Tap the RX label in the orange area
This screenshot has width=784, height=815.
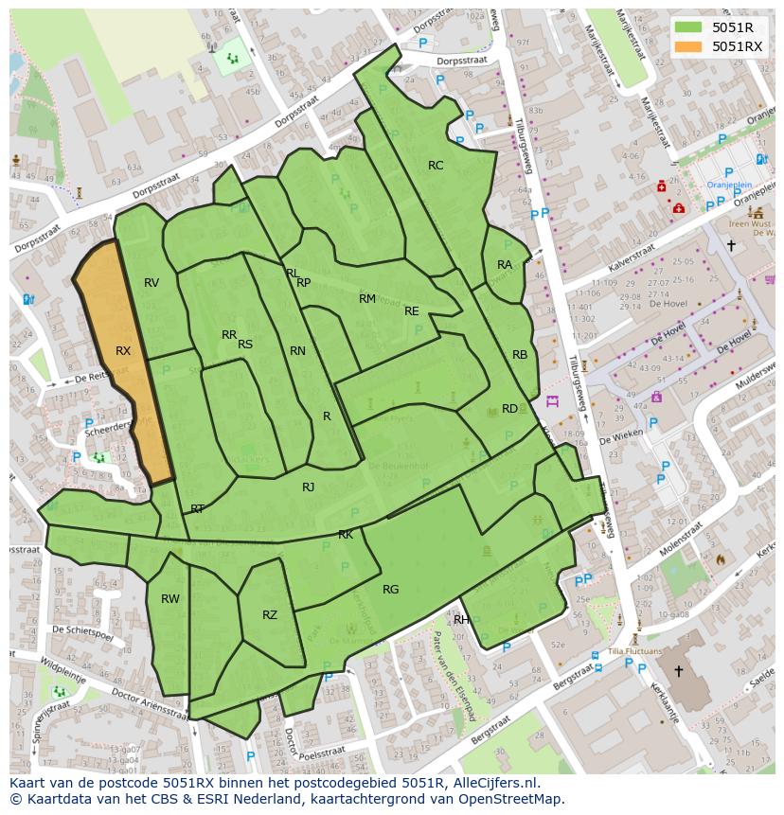(123, 351)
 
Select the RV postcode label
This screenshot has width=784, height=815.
(151, 283)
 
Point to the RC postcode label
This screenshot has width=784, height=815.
(436, 166)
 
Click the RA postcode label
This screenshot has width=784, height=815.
(505, 265)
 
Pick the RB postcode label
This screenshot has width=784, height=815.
(520, 355)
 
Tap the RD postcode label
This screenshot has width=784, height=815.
(510, 409)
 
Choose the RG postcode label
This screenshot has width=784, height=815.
(391, 590)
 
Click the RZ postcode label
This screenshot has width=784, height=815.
(270, 615)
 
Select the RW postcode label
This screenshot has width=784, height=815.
(170, 599)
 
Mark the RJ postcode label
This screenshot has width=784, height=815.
(309, 487)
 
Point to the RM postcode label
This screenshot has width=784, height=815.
(367, 299)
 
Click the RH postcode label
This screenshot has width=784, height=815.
(461, 620)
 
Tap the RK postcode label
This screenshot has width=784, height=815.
(346, 535)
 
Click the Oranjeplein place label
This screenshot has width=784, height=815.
(729, 186)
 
